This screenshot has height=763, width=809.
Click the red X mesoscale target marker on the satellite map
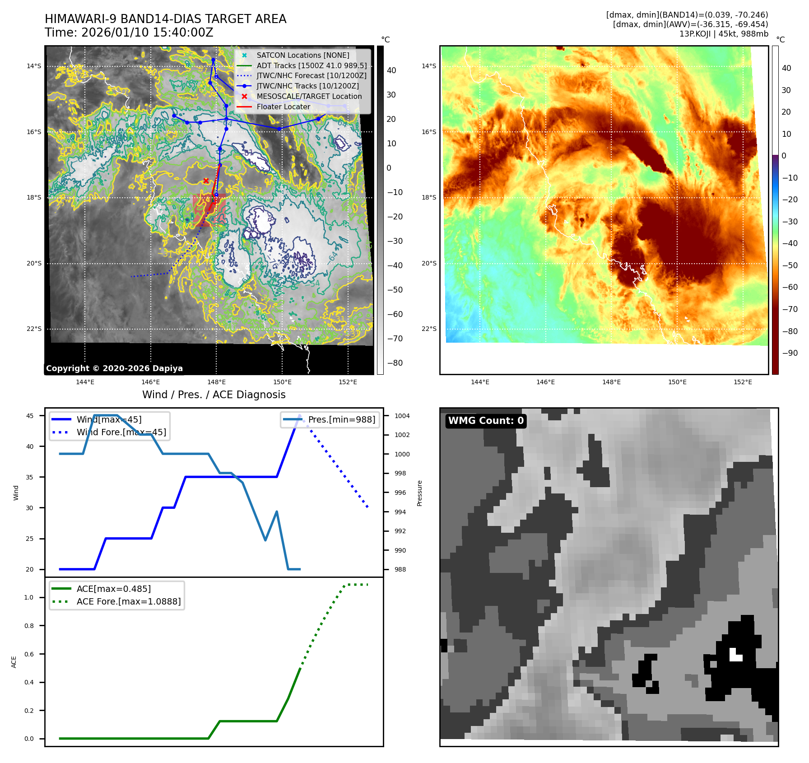pyautogui.click(x=206, y=181)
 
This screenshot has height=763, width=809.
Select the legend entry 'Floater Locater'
pyautogui.click(x=283, y=107)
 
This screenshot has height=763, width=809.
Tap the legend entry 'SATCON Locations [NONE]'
pyautogui.click(x=302, y=55)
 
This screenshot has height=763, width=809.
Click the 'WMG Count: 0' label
pyautogui.click(x=486, y=421)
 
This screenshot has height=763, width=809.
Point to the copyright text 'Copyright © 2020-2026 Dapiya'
pyautogui.click(x=114, y=368)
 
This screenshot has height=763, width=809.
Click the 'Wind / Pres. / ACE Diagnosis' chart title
pyautogui.click(x=214, y=395)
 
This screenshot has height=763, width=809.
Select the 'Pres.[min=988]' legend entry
pyautogui.click(x=341, y=419)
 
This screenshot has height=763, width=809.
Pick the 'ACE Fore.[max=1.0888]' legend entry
pyautogui.click(x=128, y=601)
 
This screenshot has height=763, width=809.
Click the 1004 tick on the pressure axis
pyautogui.click(x=402, y=416)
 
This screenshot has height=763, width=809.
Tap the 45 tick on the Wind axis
pyautogui.click(x=30, y=416)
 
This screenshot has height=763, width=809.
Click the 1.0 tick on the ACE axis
pyautogui.click(x=29, y=597)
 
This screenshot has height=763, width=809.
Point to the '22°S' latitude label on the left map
pyautogui.click(x=34, y=329)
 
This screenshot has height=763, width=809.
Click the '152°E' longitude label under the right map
pyautogui.click(x=743, y=382)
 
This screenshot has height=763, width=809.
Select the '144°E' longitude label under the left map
pyautogui.click(x=85, y=382)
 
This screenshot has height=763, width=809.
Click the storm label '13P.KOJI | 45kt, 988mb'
pyautogui.click(x=723, y=34)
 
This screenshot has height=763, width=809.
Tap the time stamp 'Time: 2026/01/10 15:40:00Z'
pyautogui.click(x=129, y=33)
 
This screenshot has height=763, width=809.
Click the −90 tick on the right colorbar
pyautogui.click(x=790, y=353)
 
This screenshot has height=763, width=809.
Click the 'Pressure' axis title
pyautogui.click(x=419, y=493)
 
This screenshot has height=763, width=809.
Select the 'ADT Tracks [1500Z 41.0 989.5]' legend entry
pyautogui.click(x=312, y=65)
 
